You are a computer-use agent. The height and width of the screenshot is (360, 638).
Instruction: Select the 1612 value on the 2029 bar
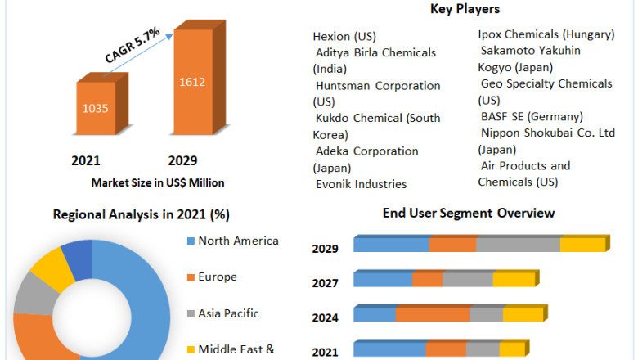(x=193, y=81)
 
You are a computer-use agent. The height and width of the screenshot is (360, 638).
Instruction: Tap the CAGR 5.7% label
(x=133, y=45)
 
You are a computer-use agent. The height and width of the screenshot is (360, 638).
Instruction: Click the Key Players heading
(x=465, y=9)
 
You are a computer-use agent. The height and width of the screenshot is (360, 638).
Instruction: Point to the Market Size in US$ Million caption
(x=158, y=182)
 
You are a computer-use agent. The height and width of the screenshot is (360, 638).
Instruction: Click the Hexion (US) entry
(x=343, y=36)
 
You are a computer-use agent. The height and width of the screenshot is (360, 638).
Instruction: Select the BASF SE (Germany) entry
(x=532, y=116)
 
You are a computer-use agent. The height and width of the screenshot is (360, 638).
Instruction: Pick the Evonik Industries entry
(x=361, y=184)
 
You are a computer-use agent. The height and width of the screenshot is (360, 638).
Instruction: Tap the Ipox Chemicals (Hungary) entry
(x=546, y=34)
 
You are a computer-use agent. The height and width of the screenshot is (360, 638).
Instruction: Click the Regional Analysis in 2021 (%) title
(x=141, y=214)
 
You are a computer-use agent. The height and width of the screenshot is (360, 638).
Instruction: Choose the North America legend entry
(x=238, y=241)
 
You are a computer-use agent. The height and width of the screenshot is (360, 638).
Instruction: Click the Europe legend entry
(x=218, y=277)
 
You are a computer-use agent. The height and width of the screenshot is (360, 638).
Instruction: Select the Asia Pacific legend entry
(x=228, y=313)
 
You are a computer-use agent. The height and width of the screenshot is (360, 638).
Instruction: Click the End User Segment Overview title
(x=469, y=214)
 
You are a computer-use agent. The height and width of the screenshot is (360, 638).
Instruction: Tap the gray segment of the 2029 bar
(x=518, y=245)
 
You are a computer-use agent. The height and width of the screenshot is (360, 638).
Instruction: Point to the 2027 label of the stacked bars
(x=325, y=282)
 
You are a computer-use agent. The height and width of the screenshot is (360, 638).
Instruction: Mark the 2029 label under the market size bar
(x=182, y=160)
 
